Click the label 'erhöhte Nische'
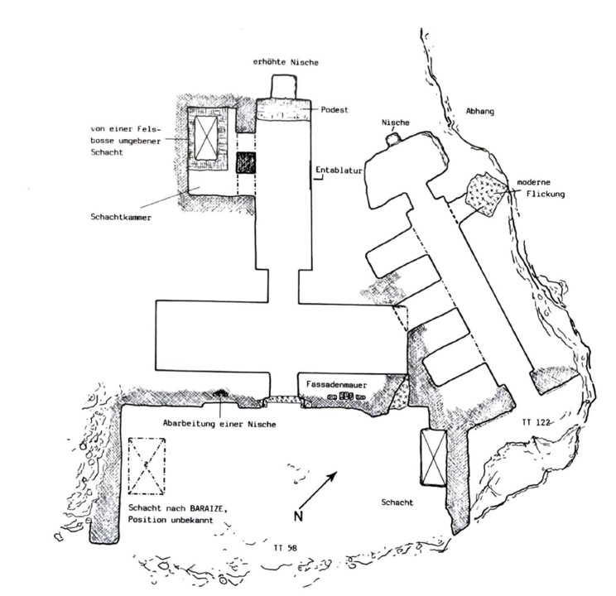tap(286, 63)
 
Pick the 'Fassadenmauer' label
tap(341, 385)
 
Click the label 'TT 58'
tap(286, 548)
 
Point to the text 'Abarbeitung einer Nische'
tap(218, 424)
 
